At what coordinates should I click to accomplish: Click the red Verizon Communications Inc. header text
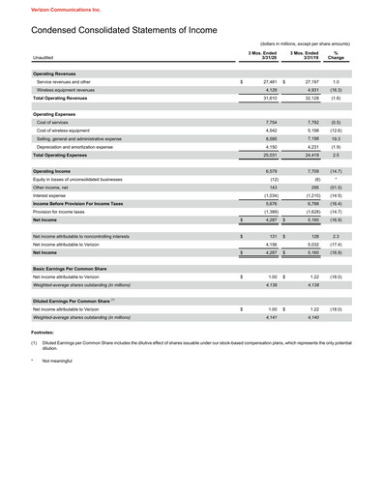tap(44, 7)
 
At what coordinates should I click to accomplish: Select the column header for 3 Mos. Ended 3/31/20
tap(263, 54)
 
